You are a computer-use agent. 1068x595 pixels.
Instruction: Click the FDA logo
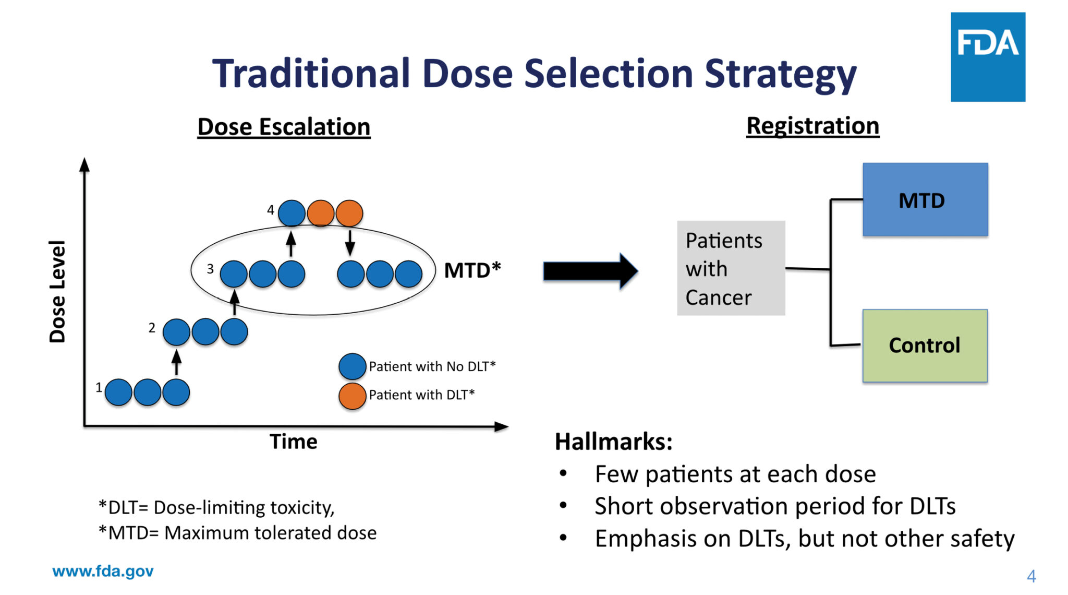click(987, 57)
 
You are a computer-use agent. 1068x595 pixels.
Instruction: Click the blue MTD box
click(925, 199)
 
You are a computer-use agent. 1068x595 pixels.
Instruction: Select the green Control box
click(925, 346)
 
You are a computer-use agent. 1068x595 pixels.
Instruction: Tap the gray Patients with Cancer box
click(731, 268)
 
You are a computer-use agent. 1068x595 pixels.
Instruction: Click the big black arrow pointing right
click(590, 271)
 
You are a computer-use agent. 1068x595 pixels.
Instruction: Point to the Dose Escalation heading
click(284, 127)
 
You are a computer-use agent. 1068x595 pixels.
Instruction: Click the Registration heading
click(812, 126)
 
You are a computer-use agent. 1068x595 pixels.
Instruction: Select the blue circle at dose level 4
click(292, 213)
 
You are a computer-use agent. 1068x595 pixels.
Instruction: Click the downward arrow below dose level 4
click(350, 243)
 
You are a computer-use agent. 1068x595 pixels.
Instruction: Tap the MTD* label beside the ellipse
click(472, 270)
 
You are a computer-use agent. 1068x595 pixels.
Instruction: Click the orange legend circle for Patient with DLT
click(352, 396)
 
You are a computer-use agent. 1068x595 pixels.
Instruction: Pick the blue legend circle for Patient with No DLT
click(352, 366)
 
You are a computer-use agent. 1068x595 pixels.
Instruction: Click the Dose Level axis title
click(57, 291)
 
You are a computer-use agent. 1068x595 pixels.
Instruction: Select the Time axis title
click(293, 442)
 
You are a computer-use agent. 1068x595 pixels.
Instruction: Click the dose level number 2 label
click(152, 328)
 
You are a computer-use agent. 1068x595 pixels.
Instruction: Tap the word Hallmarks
click(613, 442)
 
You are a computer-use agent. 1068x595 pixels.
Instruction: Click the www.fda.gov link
click(103, 571)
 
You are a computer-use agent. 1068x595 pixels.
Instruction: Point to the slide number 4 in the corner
click(1031, 576)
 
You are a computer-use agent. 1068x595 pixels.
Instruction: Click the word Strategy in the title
click(780, 74)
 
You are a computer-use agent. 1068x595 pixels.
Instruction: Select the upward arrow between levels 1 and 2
click(176, 362)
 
